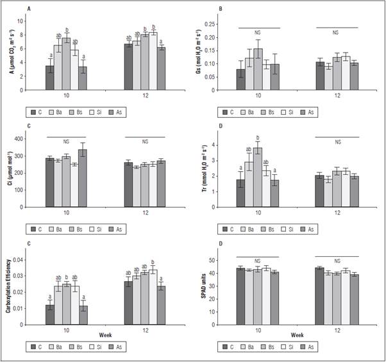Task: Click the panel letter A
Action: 28,8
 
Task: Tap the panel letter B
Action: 221,8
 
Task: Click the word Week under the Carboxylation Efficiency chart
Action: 106,334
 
